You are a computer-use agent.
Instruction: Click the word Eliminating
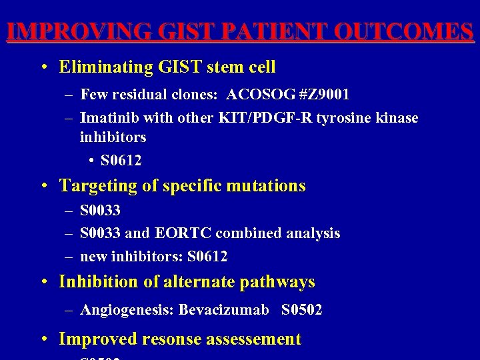coord(106,67)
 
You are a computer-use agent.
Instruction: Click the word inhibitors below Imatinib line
coord(113,137)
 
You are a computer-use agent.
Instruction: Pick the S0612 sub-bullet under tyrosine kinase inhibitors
coord(121,161)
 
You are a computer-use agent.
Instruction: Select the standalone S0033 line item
coord(100,211)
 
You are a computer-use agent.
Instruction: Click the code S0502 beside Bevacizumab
coord(301,309)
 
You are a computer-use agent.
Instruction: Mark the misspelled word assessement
coord(254,339)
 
